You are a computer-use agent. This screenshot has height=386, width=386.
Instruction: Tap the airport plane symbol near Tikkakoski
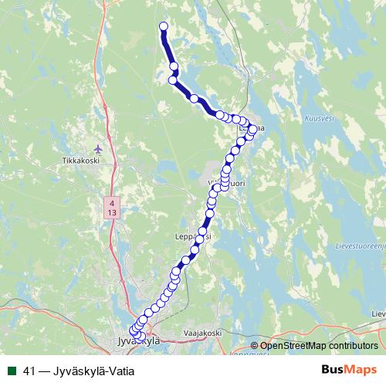(x=97, y=147)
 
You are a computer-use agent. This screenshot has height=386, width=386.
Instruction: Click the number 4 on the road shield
(x=113, y=202)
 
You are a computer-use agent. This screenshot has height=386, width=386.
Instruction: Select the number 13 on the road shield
(x=113, y=212)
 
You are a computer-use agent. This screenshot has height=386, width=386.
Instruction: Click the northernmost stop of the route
(x=164, y=27)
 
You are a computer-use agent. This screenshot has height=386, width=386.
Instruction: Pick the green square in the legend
(x=12, y=371)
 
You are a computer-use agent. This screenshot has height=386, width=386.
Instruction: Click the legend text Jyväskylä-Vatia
(x=90, y=371)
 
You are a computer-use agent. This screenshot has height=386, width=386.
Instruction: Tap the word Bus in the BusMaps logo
(x=334, y=370)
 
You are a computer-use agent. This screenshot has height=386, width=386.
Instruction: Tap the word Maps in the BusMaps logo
(x=363, y=370)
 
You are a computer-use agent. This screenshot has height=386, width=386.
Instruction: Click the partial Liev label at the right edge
(x=378, y=314)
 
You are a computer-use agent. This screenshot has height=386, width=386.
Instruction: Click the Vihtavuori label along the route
(x=225, y=183)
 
